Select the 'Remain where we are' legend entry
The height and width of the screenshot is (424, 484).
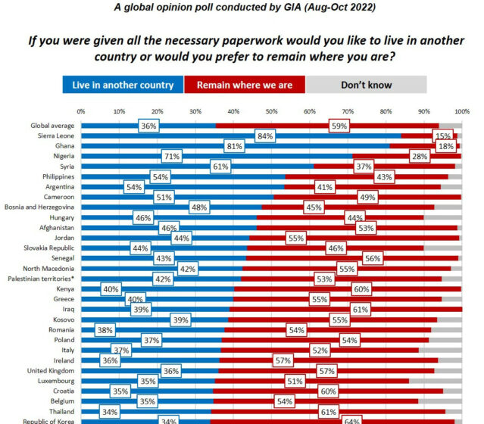pyautogui.click(x=244, y=85)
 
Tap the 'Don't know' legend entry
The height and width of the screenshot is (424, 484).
pyautogui.click(x=367, y=85)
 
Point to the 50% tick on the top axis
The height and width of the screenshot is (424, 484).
pyautogui.click(x=271, y=112)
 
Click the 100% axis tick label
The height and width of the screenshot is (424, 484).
pyautogui.click(x=460, y=112)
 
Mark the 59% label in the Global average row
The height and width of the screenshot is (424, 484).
pyautogui.click(x=339, y=125)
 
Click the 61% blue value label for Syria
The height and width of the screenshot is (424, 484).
pyautogui.click(x=220, y=166)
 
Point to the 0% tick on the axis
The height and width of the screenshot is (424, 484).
pyautogui.click(x=81, y=112)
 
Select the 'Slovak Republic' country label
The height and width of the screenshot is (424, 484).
pyautogui.click(x=47, y=248)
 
